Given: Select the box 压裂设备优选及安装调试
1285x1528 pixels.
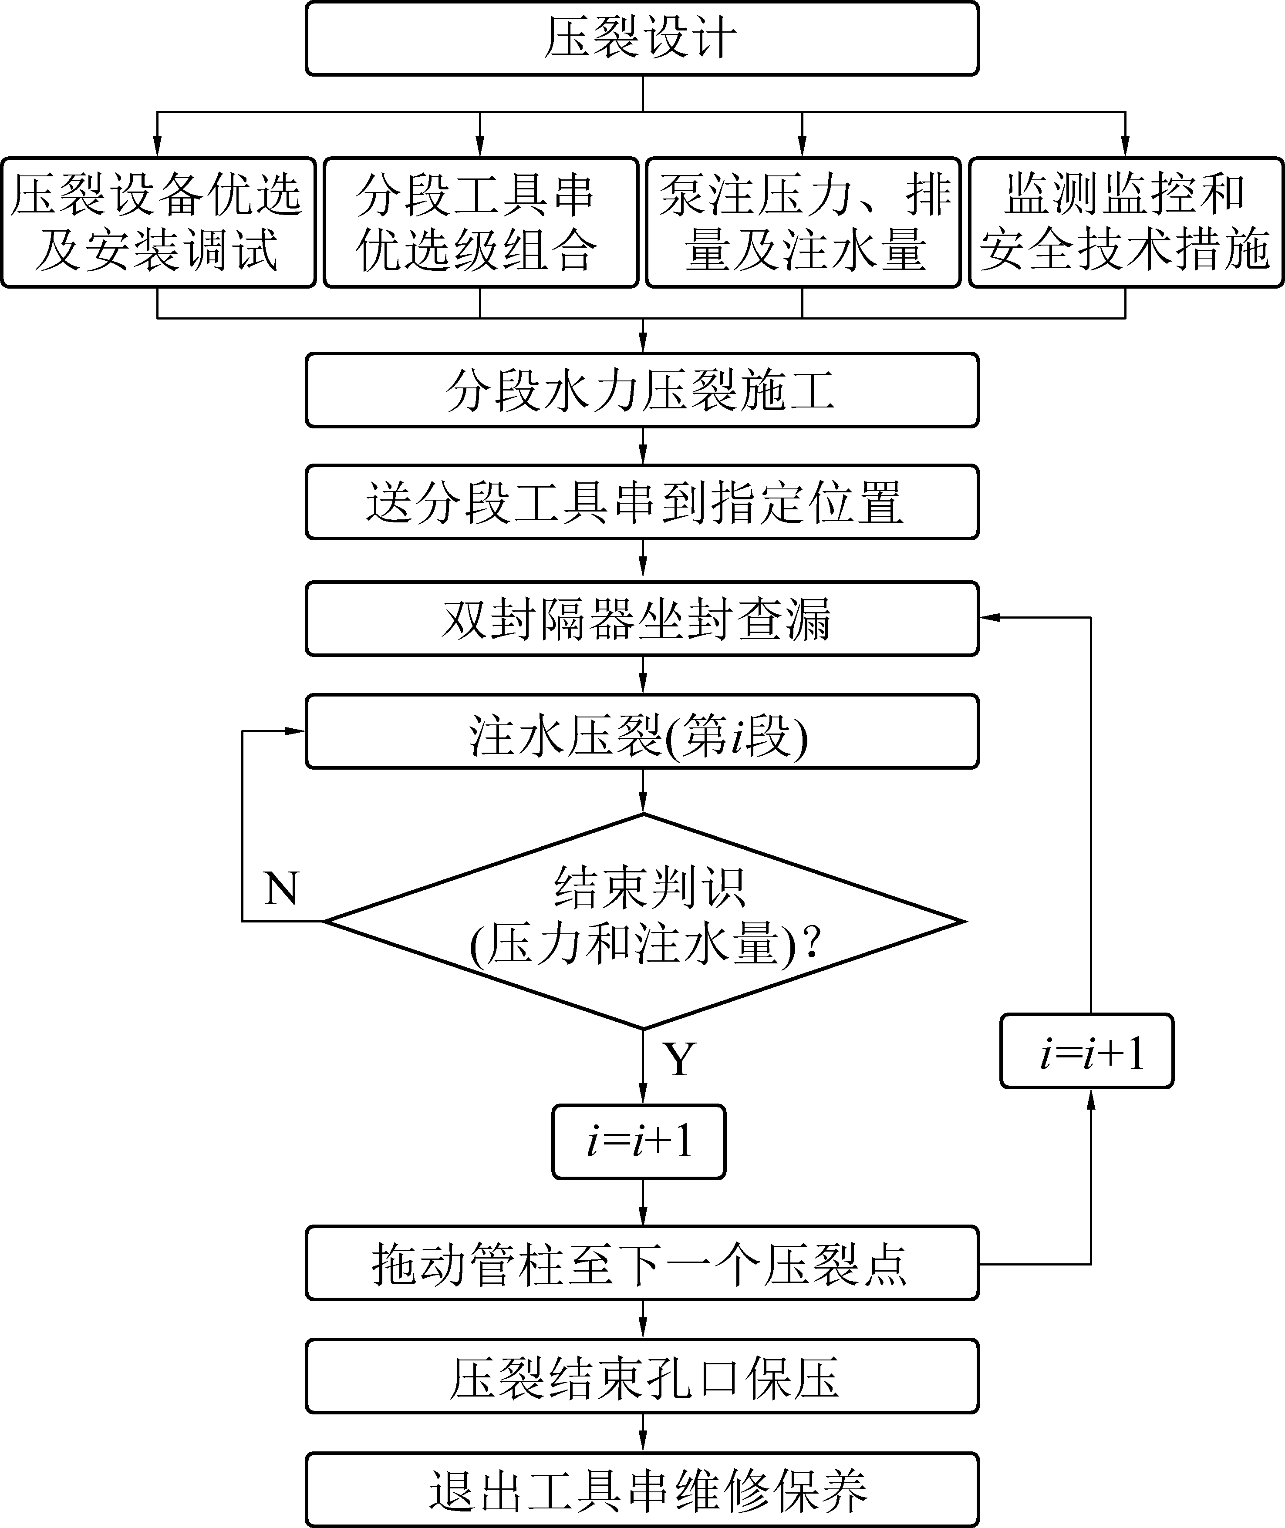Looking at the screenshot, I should click(x=157, y=222).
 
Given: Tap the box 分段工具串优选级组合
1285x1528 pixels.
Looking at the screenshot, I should click(x=480, y=222).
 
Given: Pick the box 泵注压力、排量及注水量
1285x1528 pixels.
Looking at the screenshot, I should click(x=803, y=222).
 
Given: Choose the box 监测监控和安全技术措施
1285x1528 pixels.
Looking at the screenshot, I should click(x=1126, y=222).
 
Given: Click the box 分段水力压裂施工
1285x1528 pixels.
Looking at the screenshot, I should click(x=642, y=390).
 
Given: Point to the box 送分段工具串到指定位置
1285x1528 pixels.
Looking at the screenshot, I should click(x=642, y=502).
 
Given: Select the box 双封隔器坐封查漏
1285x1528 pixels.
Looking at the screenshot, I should click(x=642, y=618).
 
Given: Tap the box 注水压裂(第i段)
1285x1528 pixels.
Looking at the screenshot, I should click(x=642, y=731).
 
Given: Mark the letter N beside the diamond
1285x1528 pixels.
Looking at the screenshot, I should click(x=281, y=889).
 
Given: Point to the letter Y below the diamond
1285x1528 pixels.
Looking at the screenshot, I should click(x=679, y=1060).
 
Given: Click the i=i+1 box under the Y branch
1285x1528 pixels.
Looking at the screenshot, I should click(x=639, y=1141).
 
